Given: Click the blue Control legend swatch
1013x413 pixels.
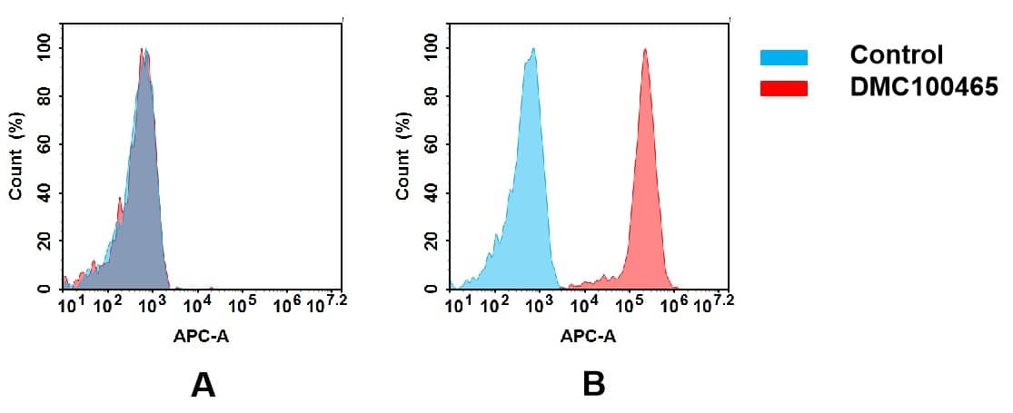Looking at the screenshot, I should pyautogui.click(x=783, y=58).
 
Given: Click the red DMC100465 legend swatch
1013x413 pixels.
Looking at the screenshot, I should pyautogui.click(x=783, y=88).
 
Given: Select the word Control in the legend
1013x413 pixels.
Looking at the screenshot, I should pyautogui.click(x=897, y=55).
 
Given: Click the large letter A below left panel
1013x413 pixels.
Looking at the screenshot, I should pyautogui.click(x=203, y=385).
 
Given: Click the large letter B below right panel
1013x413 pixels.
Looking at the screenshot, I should pyautogui.click(x=593, y=385).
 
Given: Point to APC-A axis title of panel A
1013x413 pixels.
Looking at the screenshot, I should pyautogui.click(x=203, y=337).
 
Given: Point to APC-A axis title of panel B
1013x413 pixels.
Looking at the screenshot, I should pyautogui.click(x=589, y=337).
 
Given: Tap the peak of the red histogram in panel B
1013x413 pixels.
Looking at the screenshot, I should pyautogui.click(x=644, y=51).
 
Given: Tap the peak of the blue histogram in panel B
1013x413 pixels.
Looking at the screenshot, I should pyautogui.click(x=533, y=51).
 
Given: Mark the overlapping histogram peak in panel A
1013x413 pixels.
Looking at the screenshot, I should pyautogui.click(x=144, y=52).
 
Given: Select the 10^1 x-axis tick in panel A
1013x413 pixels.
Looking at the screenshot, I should pyautogui.click(x=70, y=305).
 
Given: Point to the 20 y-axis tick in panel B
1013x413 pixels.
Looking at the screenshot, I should pyautogui.click(x=431, y=241).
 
